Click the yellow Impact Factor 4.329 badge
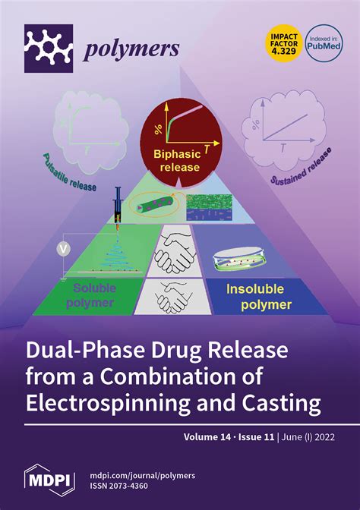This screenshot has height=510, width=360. [x=284, y=44]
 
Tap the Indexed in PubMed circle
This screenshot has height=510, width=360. [x=324, y=43]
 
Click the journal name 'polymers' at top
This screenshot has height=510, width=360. [x=131, y=50]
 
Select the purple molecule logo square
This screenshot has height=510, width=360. [x=49, y=48]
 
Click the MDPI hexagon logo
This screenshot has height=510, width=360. [x=50, y=480]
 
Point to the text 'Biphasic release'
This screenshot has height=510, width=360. [x=178, y=160]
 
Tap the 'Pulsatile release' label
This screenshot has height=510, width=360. [x=69, y=173]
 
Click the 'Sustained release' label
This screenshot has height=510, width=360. [x=301, y=166]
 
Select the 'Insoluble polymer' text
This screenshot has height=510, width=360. [x=258, y=297]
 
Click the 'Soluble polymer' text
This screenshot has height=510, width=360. [x=91, y=295]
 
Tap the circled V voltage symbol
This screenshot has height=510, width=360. [x=64, y=250]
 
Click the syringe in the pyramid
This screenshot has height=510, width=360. [x=118, y=206]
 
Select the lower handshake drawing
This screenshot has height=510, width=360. [x=173, y=297]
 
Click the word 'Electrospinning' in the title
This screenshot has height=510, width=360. [x=107, y=403]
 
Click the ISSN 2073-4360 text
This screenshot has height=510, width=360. [x=118, y=486]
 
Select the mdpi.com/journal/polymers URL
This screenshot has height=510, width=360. [x=142, y=476]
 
